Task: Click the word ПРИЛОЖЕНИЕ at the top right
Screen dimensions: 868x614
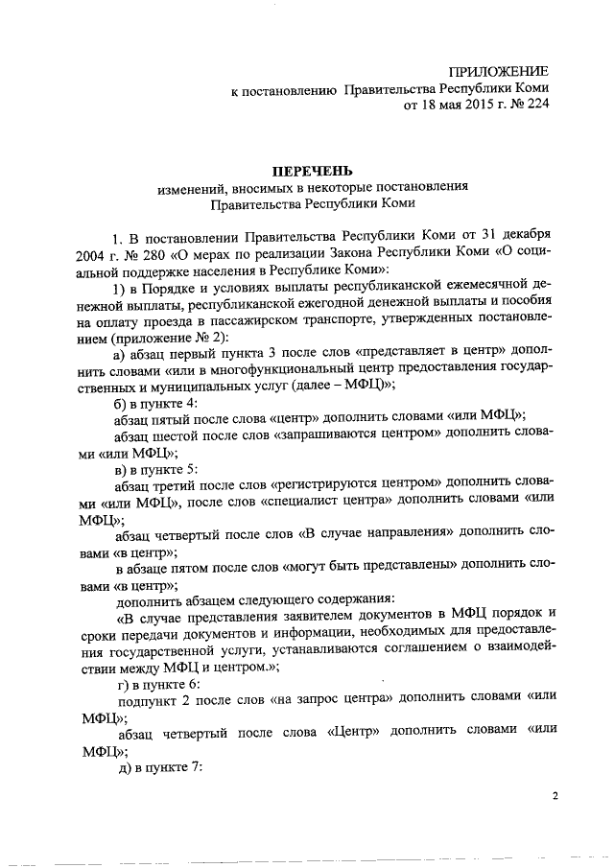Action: click(x=501, y=72)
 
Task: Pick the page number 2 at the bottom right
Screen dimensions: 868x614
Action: click(x=555, y=795)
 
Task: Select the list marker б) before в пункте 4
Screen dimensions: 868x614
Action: click(x=120, y=404)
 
